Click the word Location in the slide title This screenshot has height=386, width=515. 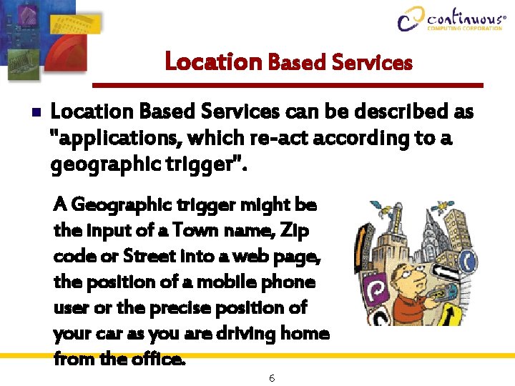213,62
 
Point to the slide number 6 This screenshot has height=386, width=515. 272,377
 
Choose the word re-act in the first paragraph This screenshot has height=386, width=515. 241,138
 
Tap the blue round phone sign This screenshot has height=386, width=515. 468,260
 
